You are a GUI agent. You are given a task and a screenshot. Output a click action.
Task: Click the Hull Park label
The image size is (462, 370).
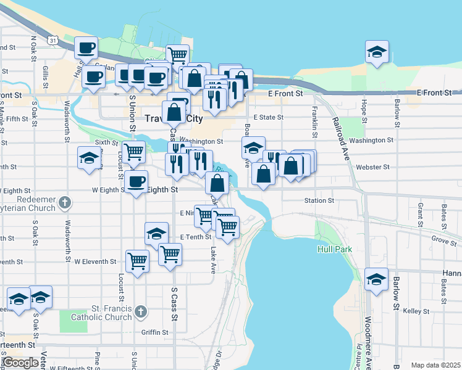(335, 249)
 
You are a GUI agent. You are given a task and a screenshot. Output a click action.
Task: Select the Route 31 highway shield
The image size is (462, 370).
(54, 41)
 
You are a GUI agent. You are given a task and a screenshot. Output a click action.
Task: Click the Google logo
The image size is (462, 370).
(20, 363)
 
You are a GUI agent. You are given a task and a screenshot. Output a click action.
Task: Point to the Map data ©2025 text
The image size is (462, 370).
(436, 365)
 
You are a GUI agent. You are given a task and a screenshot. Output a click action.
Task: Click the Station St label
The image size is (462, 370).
(319, 200)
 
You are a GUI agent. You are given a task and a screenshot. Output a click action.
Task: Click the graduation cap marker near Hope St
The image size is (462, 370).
(376, 52)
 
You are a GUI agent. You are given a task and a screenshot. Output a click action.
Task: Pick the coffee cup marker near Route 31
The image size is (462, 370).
(86, 47)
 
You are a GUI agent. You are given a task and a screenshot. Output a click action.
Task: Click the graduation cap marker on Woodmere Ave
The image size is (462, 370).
(376, 279)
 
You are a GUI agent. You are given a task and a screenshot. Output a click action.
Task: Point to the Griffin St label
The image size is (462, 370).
(154, 332)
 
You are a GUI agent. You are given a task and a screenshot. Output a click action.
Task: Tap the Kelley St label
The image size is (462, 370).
(411, 311)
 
